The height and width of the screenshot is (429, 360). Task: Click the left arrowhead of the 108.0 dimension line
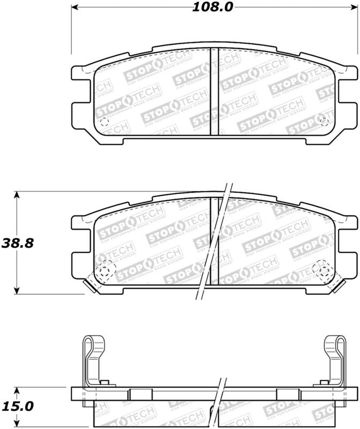75,8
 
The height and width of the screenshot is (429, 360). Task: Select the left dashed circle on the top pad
105,122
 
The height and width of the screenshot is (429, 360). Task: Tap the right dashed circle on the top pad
323,122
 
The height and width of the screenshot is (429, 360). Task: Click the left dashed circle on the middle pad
105,267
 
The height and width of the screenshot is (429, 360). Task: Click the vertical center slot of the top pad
214,94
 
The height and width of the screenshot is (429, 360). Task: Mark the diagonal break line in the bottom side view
218,402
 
